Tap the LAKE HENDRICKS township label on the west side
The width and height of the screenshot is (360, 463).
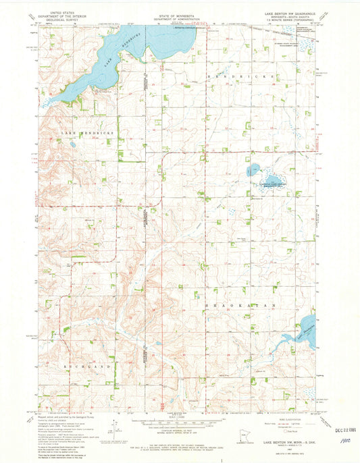coord(87,134)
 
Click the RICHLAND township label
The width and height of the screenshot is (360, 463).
coord(86,365)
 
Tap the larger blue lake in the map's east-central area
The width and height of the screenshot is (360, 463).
coord(274,179)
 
